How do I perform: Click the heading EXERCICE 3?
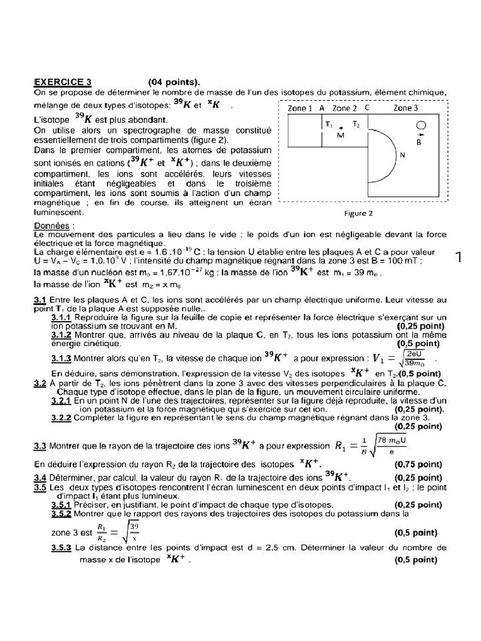[63, 81]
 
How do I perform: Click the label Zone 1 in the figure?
[300, 108]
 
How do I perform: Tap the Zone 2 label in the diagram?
[344, 108]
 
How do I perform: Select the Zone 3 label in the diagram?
[406, 108]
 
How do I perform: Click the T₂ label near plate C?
[356, 125]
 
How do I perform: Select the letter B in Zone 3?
[420, 141]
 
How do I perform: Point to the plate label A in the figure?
[322, 108]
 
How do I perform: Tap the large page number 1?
[462, 257]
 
